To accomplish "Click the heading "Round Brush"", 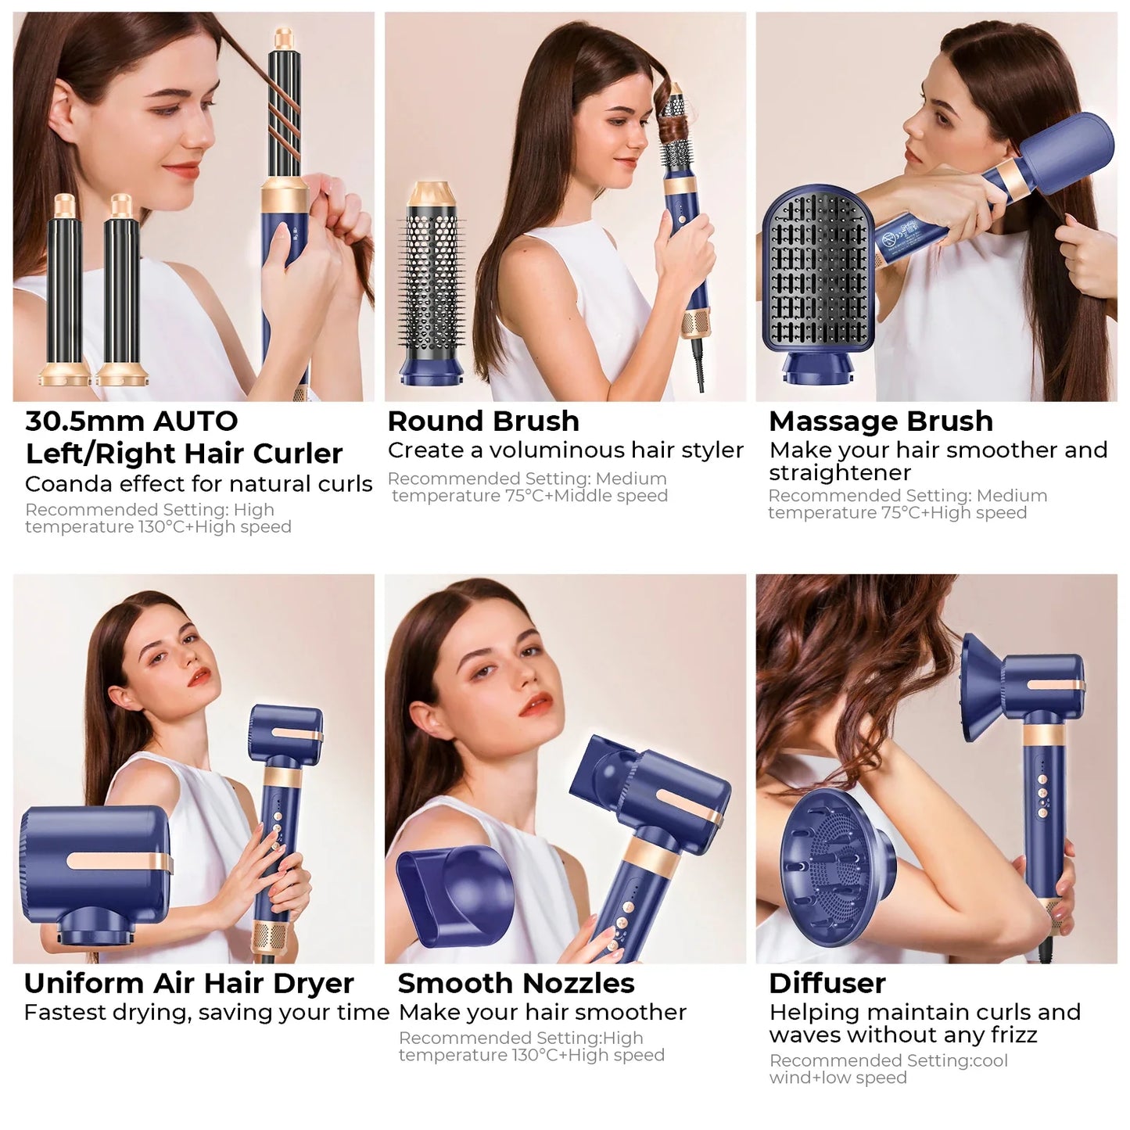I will pos(483,422).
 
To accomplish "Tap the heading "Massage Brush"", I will pos(881,422).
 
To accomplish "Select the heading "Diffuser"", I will pos(827,983).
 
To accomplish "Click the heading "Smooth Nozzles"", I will pos(516,983).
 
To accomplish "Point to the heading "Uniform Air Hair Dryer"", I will pos(188,983).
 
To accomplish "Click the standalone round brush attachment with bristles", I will pos(432,289).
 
